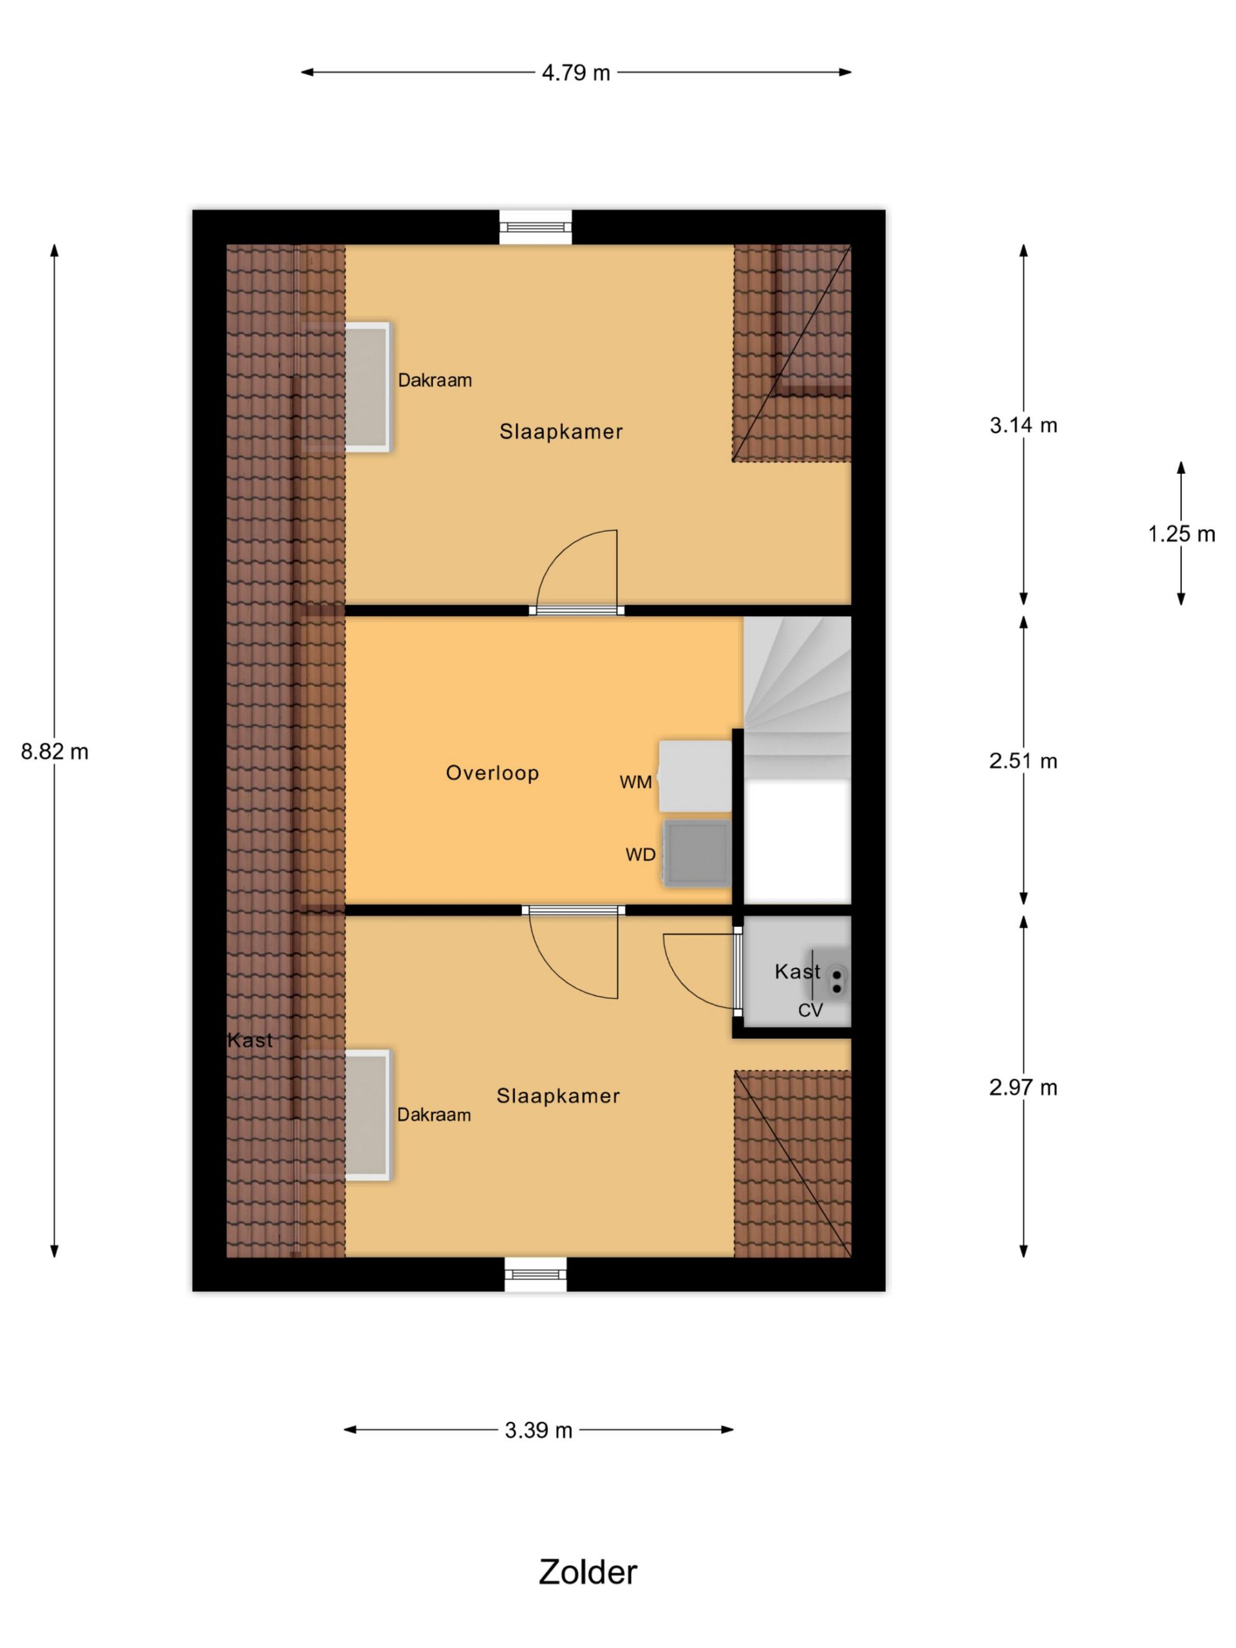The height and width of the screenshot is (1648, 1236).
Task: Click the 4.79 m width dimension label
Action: click(x=575, y=73)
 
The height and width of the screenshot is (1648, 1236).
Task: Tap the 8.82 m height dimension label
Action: click(x=54, y=752)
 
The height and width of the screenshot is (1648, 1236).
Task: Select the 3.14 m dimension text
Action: click(x=1023, y=426)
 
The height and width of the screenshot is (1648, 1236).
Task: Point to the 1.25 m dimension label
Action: click(x=1181, y=534)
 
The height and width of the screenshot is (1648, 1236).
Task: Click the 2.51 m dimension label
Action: click(x=1023, y=761)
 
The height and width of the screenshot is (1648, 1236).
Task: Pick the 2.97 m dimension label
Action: click(x=1023, y=1088)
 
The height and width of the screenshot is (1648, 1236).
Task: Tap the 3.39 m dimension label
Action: click(x=538, y=1430)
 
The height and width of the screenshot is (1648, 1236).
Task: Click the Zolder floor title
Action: click(x=588, y=1572)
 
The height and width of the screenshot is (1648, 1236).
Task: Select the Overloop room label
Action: click(x=492, y=772)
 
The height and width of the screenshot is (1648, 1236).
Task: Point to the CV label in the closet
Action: click(x=810, y=1010)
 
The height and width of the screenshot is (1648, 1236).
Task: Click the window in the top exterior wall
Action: click(x=535, y=227)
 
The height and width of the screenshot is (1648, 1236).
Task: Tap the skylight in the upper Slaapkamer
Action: click(x=368, y=387)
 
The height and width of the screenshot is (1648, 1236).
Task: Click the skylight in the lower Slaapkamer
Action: click(x=368, y=1114)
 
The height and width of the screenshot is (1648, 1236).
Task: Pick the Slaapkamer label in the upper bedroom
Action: click(x=560, y=431)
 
